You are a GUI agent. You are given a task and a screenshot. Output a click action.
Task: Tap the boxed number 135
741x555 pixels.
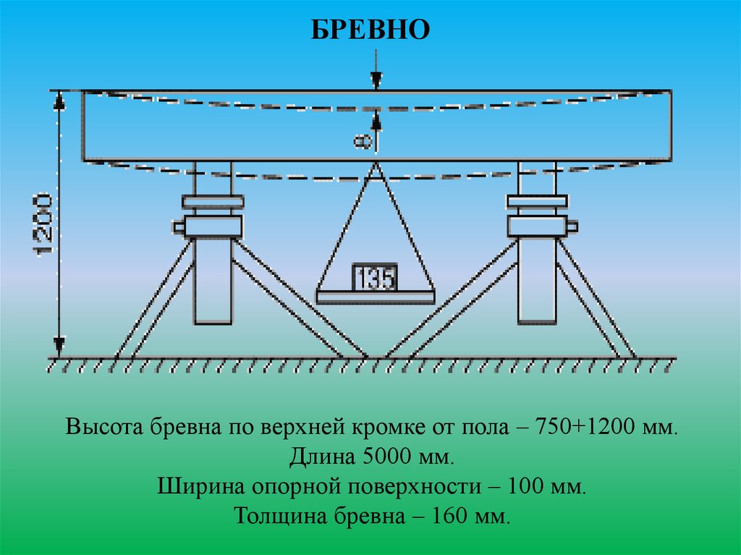374,278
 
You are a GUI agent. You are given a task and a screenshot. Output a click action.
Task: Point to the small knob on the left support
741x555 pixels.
178,226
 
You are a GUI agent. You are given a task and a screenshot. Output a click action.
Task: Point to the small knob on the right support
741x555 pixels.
572,226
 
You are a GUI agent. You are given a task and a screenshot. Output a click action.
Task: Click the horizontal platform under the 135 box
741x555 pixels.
375,297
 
